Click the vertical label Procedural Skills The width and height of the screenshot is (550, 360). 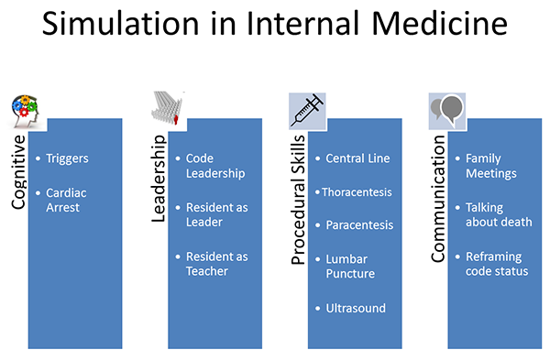click(298, 201)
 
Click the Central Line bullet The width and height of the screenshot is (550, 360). click(357, 158)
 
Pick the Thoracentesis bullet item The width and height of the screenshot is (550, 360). click(357, 192)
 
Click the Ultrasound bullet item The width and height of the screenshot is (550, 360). click(356, 309)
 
